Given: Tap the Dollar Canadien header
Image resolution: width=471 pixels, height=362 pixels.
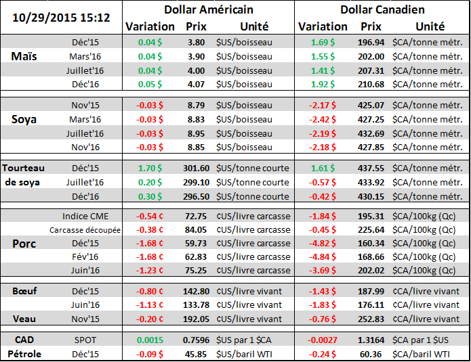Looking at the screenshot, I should tap(382, 9).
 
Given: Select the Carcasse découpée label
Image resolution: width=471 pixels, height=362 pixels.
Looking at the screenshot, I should tap(85, 230).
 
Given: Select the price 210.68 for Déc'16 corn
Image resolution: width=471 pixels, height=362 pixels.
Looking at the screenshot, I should tap(370, 84).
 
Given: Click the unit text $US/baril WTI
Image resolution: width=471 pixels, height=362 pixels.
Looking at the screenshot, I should tap(247, 354).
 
